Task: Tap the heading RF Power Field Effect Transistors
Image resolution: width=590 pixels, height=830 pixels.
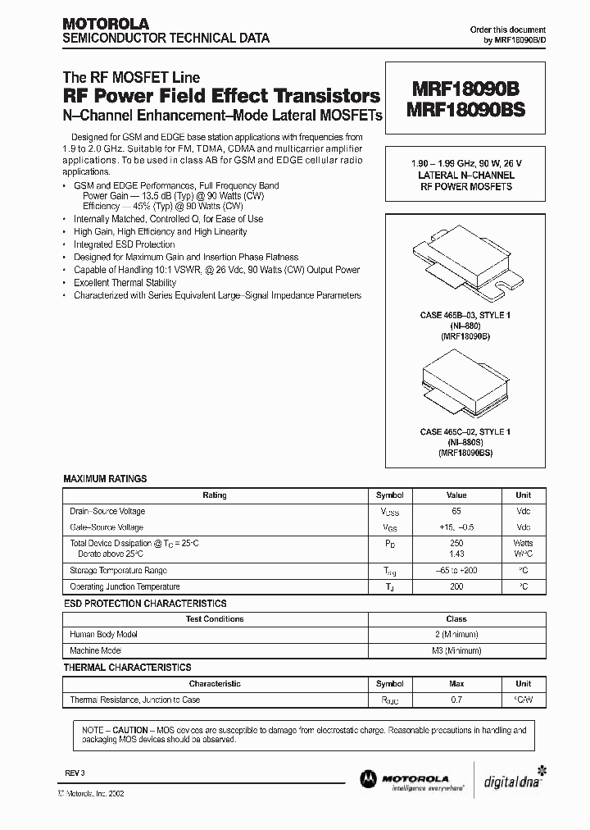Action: (x=221, y=96)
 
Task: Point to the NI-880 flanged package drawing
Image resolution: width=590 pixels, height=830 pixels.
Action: (x=464, y=262)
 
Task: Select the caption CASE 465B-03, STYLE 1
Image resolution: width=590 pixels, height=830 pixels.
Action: (x=464, y=315)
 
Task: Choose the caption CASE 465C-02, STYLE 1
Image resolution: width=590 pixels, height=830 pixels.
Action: (x=464, y=432)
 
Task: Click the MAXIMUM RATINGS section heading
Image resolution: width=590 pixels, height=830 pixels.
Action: (x=105, y=479)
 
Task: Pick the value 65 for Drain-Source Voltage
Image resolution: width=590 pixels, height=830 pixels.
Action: (x=456, y=511)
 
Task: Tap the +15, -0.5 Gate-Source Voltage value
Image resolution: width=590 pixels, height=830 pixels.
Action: (x=456, y=527)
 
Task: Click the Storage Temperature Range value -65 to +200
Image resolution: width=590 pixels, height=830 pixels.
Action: (x=456, y=571)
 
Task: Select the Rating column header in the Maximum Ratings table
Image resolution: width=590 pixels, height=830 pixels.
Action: (x=214, y=495)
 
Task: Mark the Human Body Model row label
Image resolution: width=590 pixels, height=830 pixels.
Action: (x=103, y=634)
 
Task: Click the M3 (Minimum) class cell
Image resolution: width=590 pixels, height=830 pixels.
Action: (x=456, y=650)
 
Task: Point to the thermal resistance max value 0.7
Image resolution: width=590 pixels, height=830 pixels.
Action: (x=456, y=700)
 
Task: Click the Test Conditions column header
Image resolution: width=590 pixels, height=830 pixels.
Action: (x=214, y=619)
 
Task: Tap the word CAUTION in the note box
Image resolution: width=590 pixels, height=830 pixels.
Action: (x=130, y=730)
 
